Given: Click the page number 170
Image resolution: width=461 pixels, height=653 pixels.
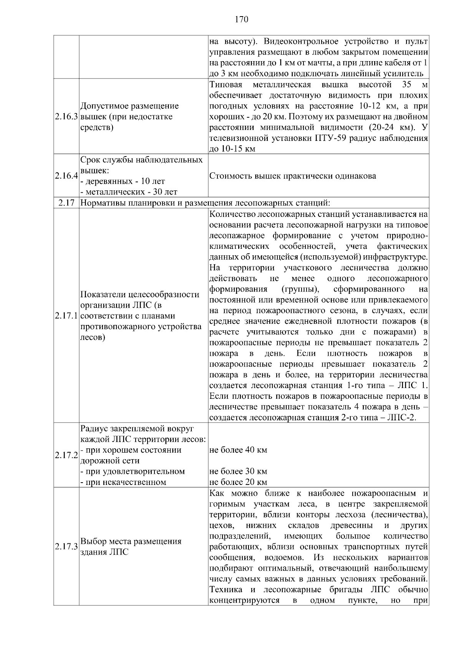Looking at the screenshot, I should coord(241,19).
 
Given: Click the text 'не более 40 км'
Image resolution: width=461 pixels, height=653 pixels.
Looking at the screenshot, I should coord(238,450).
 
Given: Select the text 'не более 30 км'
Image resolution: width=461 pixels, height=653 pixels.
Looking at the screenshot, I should coord(238,471).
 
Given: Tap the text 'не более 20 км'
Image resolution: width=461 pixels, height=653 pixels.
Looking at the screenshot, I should coord(238,482).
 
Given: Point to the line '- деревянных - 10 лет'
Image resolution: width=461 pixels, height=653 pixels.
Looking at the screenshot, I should coord(123,181).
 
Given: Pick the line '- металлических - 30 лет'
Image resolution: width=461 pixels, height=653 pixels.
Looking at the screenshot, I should coord(129,192).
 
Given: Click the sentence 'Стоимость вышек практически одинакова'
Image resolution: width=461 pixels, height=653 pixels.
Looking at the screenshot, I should coord(293,176).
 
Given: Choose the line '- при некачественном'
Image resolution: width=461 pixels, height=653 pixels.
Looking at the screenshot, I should coord(123,482).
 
